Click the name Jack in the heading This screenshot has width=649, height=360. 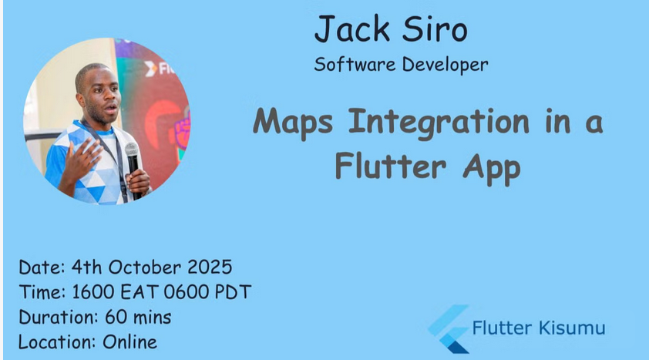(352, 29)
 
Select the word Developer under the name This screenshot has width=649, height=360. (445, 66)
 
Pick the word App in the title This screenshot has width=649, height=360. (492, 168)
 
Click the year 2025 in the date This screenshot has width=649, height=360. (210, 267)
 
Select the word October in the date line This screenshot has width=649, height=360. (144, 267)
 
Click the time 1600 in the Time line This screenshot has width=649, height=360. (93, 292)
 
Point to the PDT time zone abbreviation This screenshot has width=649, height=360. (233, 292)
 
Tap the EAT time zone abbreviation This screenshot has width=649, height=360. (140, 292)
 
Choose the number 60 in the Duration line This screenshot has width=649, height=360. (116, 318)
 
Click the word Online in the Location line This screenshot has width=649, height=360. (130, 342)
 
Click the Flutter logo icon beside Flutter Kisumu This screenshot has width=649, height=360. (449, 329)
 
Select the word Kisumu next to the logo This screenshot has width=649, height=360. (573, 328)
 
